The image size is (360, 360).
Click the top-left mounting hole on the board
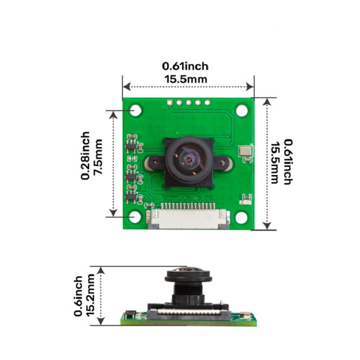click(135, 110)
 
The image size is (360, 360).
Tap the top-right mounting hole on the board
click(242, 110)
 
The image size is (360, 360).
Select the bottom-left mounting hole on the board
click(135, 217)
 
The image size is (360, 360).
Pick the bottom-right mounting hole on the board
click(242, 217)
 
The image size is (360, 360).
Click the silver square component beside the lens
click(245, 151)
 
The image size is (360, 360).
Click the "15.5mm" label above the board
click(185, 79)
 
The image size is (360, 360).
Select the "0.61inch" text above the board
click(185, 66)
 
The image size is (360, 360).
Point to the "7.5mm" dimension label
click(99, 160)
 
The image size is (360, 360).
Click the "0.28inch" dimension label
click(85, 156)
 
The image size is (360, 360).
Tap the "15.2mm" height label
click(91, 294)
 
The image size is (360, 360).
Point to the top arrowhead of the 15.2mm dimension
click(101, 270)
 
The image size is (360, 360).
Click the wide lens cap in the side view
click(188, 275)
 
